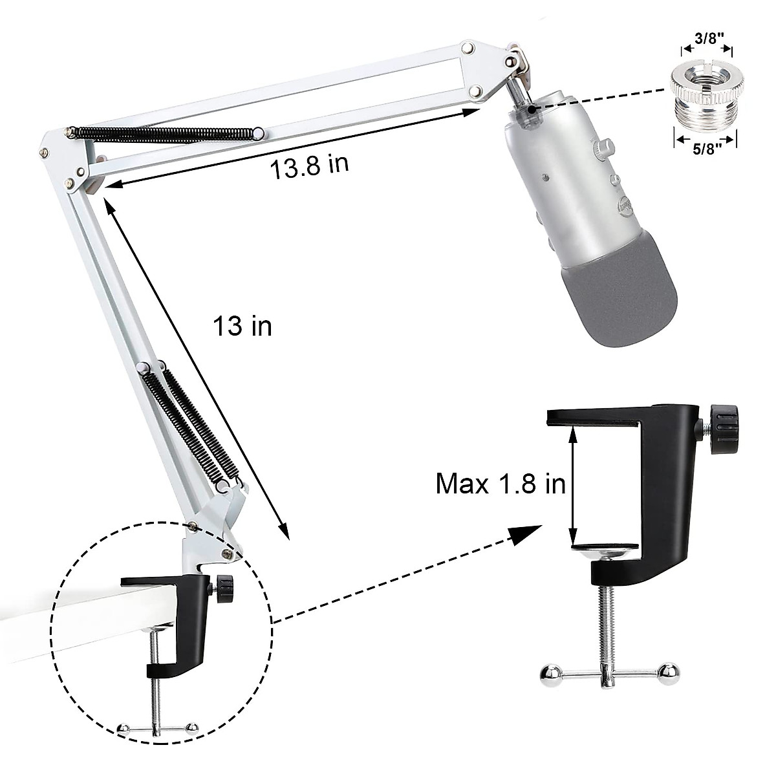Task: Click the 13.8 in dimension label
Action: (x=308, y=167)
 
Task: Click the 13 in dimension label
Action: (x=242, y=327)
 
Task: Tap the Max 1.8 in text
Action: (x=501, y=483)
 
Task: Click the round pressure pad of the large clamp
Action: (x=607, y=551)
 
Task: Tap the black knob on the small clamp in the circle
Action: (x=224, y=587)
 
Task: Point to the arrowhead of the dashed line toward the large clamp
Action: (x=527, y=533)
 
